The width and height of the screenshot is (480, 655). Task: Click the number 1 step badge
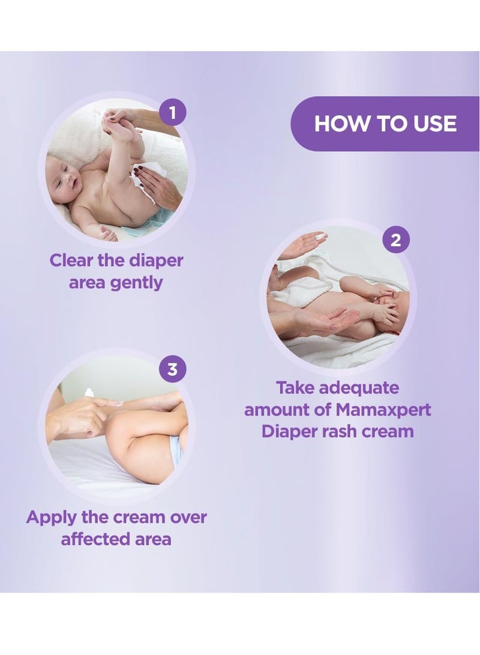coord(173,112)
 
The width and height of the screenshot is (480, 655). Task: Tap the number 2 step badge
coord(395,241)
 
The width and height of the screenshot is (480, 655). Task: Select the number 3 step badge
coord(172,369)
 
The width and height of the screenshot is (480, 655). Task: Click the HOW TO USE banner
coord(385,124)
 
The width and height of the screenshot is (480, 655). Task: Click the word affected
coord(90,539)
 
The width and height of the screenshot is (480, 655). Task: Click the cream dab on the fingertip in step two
coord(320,238)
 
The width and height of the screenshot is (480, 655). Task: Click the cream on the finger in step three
coord(89,393)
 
